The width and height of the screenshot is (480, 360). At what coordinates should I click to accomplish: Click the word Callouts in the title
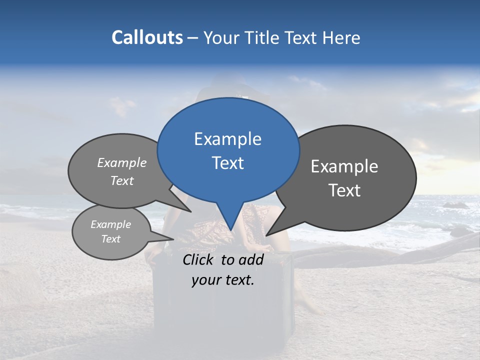click(x=147, y=37)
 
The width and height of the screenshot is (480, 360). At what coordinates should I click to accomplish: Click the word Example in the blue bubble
click(x=227, y=139)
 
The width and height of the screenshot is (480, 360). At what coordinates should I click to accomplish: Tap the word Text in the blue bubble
click(x=228, y=163)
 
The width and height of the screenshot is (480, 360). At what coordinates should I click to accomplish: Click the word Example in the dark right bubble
click(x=344, y=166)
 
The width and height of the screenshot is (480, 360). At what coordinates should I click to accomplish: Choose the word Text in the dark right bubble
click(x=345, y=190)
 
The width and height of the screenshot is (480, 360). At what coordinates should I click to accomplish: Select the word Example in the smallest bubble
click(x=111, y=224)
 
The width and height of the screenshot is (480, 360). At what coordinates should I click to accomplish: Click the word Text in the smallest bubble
click(x=111, y=239)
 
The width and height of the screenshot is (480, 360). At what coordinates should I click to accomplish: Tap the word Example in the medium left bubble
click(x=122, y=162)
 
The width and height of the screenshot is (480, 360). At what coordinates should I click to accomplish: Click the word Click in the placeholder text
click(x=198, y=259)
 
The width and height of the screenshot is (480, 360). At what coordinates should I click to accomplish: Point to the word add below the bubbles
click(x=250, y=259)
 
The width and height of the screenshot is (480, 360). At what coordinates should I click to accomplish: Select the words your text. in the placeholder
click(x=223, y=280)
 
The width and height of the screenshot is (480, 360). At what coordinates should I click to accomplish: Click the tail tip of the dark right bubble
click(x=266, y=235)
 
